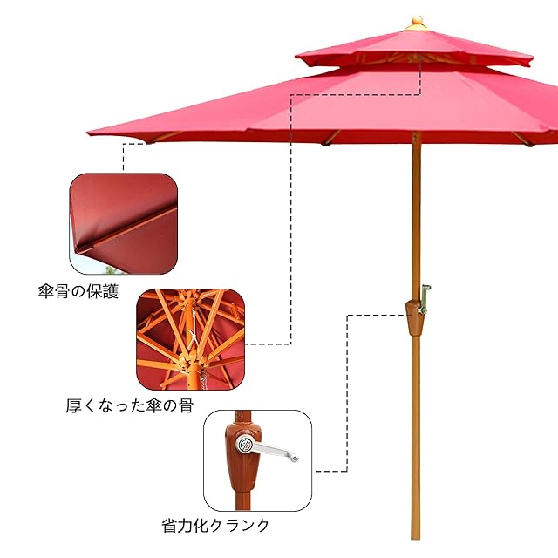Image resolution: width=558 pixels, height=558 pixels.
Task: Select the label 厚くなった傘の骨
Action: (x=129, y=406)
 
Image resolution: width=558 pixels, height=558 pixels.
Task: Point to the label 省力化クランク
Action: (x=215, y=526)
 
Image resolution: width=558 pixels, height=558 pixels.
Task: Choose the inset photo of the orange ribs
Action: (x=190, y=338)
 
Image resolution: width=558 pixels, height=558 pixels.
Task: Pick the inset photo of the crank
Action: (x=257, y=460)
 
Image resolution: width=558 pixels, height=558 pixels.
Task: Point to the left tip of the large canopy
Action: (x=90, y=133)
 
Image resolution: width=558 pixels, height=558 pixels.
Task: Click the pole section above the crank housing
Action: (x=415, y=218)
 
